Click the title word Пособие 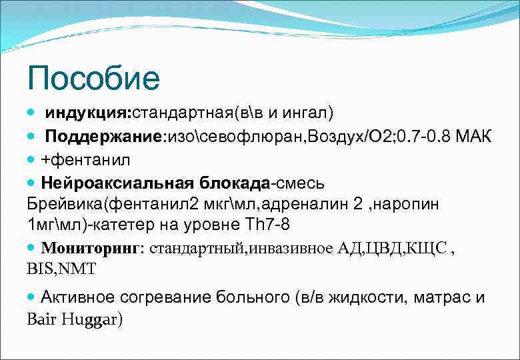tap(93, 78)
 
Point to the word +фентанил tap(86, 160)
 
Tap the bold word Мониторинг tap(91, 249)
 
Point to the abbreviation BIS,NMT tap(61, 269)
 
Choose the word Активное tap(79, 297)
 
